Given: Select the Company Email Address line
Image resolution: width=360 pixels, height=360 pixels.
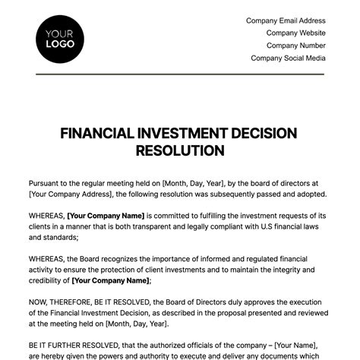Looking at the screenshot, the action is (x=286, y=21).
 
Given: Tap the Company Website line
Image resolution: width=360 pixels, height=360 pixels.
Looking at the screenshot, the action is (x=295, y=33).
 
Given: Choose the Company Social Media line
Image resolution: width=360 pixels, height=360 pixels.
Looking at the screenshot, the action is (x=288, y=58).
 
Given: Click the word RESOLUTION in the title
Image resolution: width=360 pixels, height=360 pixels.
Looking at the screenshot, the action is (x=180, y=150).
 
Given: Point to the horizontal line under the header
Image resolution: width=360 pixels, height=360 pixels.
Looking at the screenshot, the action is (x=180, y=74).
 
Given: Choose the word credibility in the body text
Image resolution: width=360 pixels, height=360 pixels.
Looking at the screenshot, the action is (x=47, y=280).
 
